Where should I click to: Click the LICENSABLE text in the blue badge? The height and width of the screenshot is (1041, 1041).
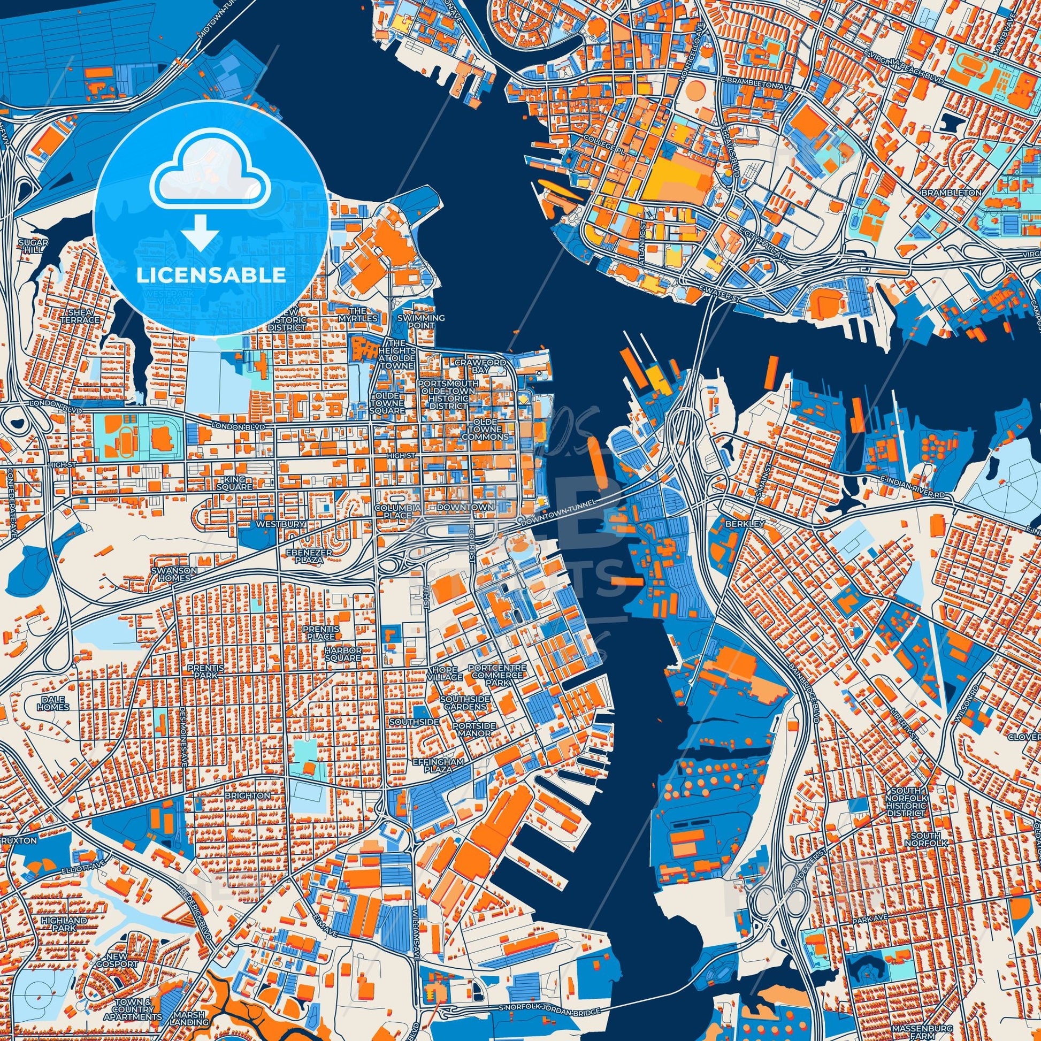pyautogui.click(x=211, y=275)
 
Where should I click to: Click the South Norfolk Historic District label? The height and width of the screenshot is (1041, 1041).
pyautogui.click(x=917, y=805)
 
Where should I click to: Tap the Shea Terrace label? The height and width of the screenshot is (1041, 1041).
pyautogui.click(x=81, y=316)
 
